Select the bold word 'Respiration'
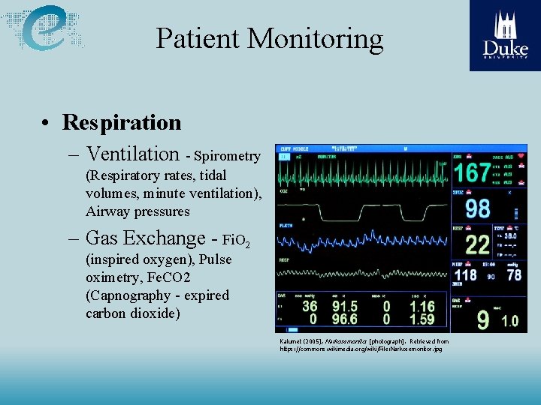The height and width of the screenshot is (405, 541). click(x=122, y=122)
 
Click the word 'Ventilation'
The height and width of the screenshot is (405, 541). click(x=132, y=154)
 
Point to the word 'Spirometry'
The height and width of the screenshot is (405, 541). click(x=227, y=157)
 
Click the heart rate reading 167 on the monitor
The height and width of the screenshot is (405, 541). click(x=473, y=173)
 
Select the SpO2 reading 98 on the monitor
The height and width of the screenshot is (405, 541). click(x=478, y=208)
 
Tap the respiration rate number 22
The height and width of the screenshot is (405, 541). click(x=478, y=244)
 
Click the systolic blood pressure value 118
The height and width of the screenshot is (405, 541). click(x=465, y=274)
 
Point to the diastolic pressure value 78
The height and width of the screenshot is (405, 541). click(x=514, y=274)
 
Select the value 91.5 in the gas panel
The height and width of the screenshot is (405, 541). click(x=344, y=307)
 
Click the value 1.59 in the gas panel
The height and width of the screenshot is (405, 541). click(x=422, y=319)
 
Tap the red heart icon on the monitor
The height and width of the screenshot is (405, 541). click(x=521, y=157)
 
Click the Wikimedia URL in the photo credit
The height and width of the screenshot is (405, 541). click(x=361, y=349)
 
